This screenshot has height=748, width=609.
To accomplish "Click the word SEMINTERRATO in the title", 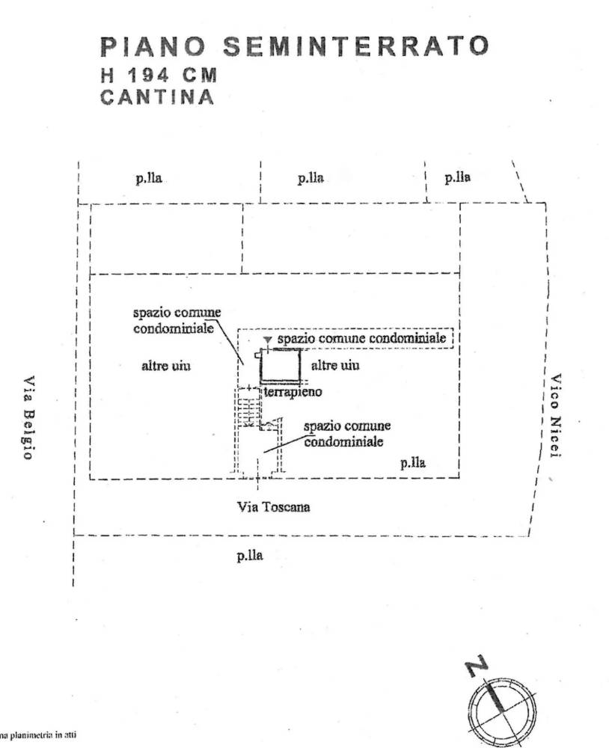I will [x=356, y=46].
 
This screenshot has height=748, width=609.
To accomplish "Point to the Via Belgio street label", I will [x=28, y=417].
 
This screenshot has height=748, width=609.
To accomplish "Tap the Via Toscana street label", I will [x=274, y=507].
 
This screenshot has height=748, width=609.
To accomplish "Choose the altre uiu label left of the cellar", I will [x=166, y=366].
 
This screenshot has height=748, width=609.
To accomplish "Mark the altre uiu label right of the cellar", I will [x=334, y=365].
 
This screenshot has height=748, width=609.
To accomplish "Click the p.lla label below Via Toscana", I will [x=249, y=555].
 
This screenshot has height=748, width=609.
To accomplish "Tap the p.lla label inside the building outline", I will [x=412, y=462].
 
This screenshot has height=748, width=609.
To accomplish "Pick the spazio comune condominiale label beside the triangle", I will [x=361, y=339].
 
